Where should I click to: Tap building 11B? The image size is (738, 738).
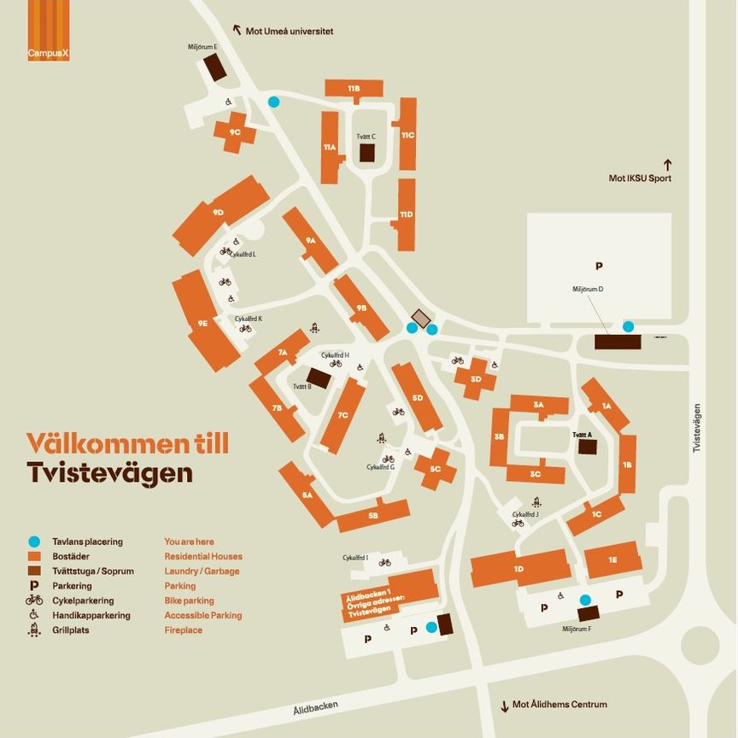pyautogui.click(x=354, y=88)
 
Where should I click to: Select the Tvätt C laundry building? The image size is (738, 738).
pyautogui.click(x=367, y=152)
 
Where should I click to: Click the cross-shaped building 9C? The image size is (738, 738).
pyautogui.click(x=235, y=132)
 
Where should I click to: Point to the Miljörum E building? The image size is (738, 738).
pyautogui.click(x=215, y=67)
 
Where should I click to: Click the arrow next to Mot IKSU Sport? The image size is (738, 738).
pyautogui.click(x=668, y=163)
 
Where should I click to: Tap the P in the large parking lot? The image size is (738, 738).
pyautogui.click(x=599, y=266)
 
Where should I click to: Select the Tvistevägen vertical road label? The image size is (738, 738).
pyautogui.click(x=697, y=427)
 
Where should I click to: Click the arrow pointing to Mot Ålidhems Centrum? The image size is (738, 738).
pyautogui.click(x=504, y=705)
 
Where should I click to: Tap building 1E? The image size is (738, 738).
pyautogui.click(x=612, y=559)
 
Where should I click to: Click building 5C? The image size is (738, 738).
pyautogui.click(x=436, y=468)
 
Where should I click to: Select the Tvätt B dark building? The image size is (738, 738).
pyautogui.click(x=318, y=378)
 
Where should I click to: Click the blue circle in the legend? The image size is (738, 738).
pyautogui.click(x=34, y=542)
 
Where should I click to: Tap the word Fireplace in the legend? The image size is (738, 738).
pyautogui.click(x=184, y=630)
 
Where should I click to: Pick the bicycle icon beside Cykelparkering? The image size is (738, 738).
pyautogui.click(x=34, y=600)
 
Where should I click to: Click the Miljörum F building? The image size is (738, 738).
pyautogui.click(x=589, y=613)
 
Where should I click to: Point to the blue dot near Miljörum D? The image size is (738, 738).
pyautogui.click(x=629, y=326)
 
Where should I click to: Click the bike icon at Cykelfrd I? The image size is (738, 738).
pyautogui.click(x=384, y=562)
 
